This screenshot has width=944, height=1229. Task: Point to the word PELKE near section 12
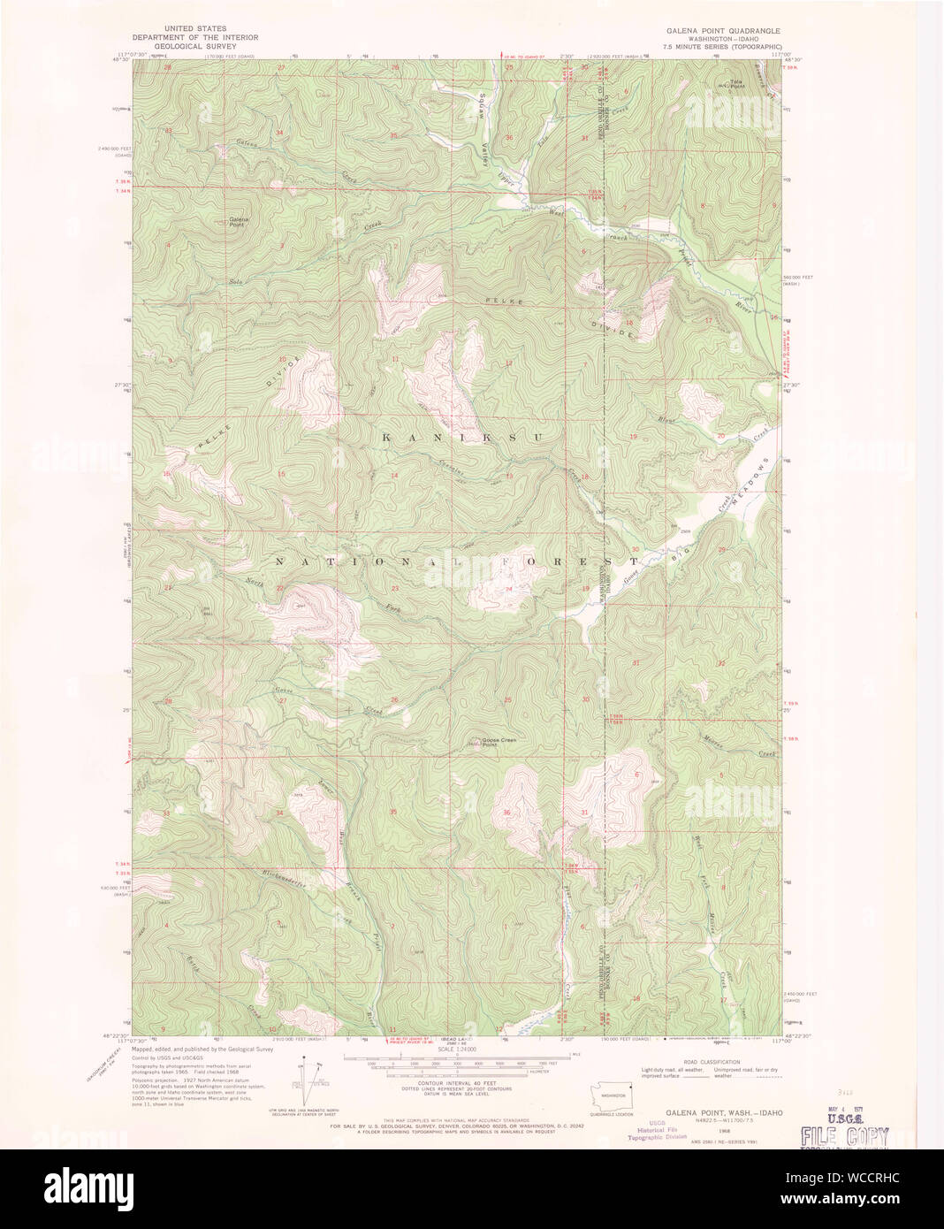[504, 302]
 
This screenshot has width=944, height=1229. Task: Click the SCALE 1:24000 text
[455, 1050]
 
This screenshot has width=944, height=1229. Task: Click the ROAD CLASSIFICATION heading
[712, 1062]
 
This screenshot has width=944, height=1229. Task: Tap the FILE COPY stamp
[843, 1136]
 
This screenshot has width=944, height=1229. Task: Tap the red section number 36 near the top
[509, 138]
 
